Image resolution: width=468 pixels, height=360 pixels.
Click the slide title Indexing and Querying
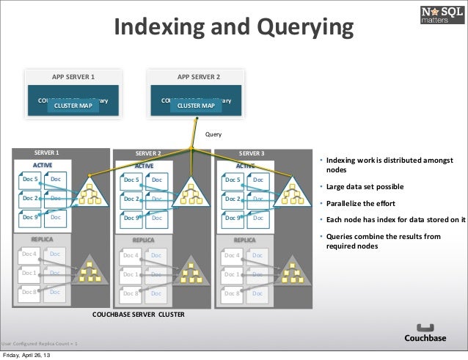click(x=233, y=29)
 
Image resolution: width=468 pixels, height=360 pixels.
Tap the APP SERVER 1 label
click(x=73, y=76)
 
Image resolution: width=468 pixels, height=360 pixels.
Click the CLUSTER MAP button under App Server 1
click(x=73, y=106)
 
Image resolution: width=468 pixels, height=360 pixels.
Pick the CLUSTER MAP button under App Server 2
click(x=196, y=106)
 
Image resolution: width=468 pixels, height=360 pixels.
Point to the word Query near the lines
click(x=213, y=135)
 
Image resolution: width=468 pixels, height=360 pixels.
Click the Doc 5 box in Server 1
click(x=30, y=179)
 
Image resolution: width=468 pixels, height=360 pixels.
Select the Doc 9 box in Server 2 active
click(x=132, y=218)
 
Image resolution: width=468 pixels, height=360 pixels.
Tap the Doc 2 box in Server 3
click(x=233, y=198)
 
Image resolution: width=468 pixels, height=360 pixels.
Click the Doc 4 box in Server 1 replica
click(x=30, y=254)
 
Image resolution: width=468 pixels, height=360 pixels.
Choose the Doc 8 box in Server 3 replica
click(x=233, y=293)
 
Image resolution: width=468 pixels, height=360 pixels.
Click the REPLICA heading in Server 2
click(x=143, y=240)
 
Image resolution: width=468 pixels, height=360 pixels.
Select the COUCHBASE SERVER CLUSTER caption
click(x=139, y=313)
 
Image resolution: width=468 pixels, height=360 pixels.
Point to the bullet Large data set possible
click(x=365, y=186)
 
